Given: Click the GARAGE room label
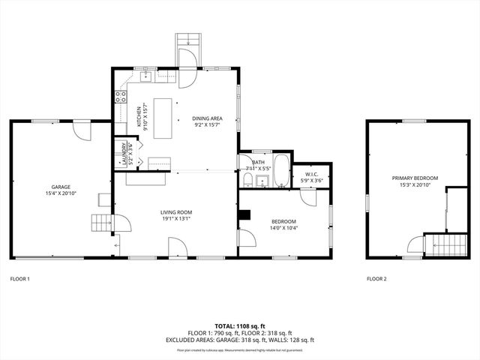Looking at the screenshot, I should pos(60,187).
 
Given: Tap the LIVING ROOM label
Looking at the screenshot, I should pos(176,212).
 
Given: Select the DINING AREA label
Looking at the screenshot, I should pos(207,118).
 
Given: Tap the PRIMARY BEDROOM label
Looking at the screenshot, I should pos(415,178).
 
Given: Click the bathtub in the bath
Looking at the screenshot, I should pos(281,171).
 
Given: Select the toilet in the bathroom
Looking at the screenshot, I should pos(246,180).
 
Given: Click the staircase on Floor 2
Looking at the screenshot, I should pos(440,244).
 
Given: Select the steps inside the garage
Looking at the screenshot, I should pos(100,223).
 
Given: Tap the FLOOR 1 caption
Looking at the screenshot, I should pos(19,279).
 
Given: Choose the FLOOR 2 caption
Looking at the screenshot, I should pos(376,279).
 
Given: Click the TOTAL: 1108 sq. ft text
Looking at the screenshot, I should pos(240,326).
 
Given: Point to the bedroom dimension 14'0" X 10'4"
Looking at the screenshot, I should pos(284,227).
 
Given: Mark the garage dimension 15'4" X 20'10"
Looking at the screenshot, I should pos(60,193).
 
